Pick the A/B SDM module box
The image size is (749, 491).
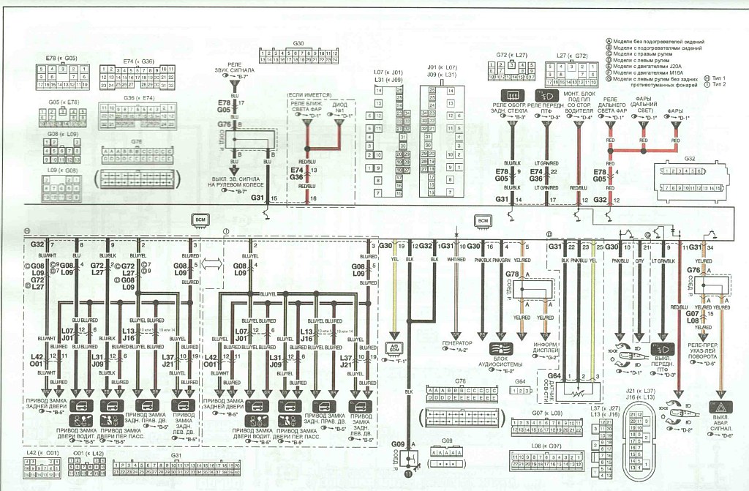click(394, 348)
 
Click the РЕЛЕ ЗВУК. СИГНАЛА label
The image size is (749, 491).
click(239, 70)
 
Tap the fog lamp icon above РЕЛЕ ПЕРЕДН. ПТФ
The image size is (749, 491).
click(545, 96)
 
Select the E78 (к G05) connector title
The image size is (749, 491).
click(61, 57)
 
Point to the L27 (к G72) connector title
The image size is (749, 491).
click(572, 55)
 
